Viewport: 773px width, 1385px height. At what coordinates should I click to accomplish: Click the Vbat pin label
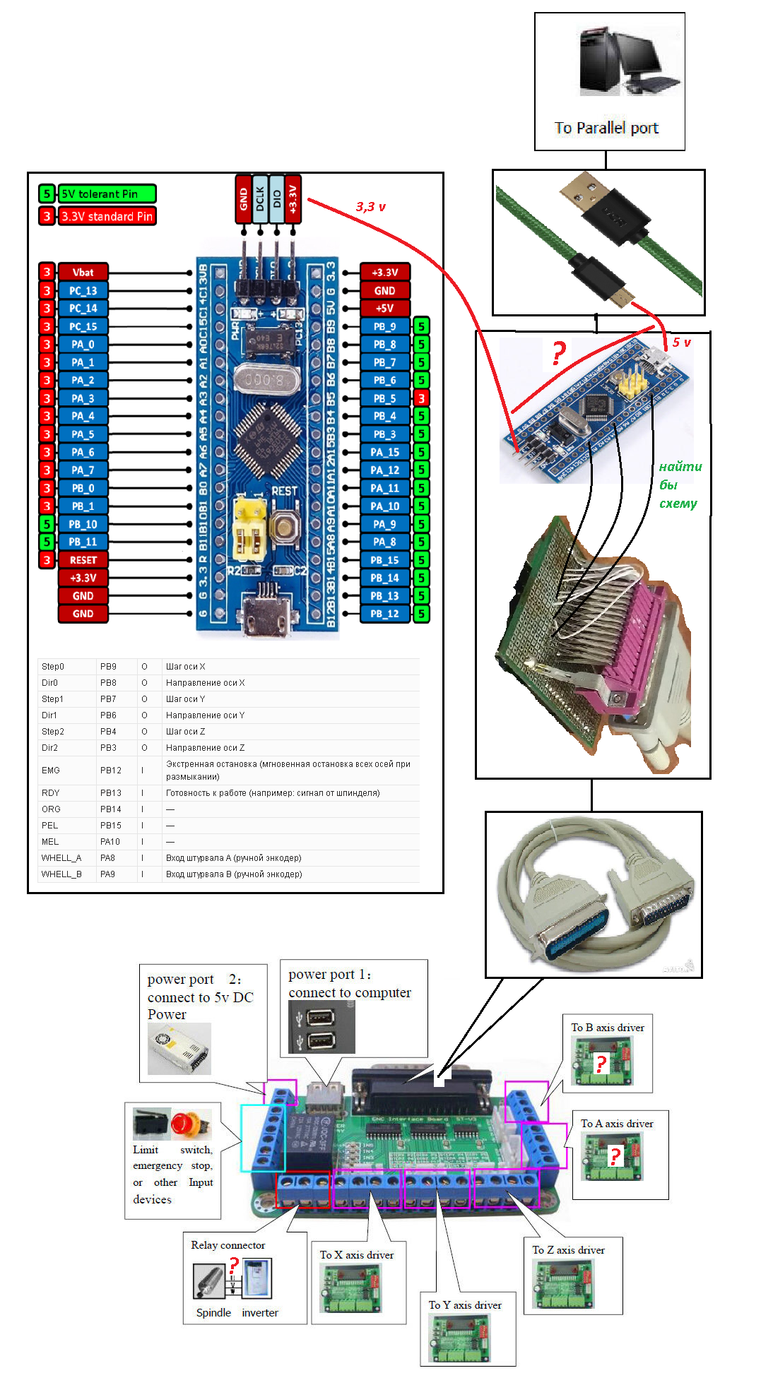[83, 272]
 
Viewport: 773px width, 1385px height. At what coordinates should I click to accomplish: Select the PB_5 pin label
[384, 398]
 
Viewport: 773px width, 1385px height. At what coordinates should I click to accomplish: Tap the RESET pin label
[83, 560]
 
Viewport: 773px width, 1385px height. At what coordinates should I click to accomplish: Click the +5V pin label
[384, 309]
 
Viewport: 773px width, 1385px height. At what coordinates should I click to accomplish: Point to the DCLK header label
[260, 198]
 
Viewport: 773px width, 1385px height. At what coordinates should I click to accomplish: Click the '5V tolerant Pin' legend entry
[106, 194]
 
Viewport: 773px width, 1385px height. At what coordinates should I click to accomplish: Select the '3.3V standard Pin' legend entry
[106, 216]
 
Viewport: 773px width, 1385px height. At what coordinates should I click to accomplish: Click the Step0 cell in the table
[53, 667]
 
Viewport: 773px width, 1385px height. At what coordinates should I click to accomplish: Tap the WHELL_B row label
[61, 874]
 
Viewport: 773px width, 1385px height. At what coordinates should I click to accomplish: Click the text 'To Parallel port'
[606, 128]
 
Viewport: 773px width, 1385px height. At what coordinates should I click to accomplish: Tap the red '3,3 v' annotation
[371, 207]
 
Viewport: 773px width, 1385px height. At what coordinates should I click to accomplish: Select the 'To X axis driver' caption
[357, 1255]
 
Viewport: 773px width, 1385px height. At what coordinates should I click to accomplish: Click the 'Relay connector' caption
[228, 1245]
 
